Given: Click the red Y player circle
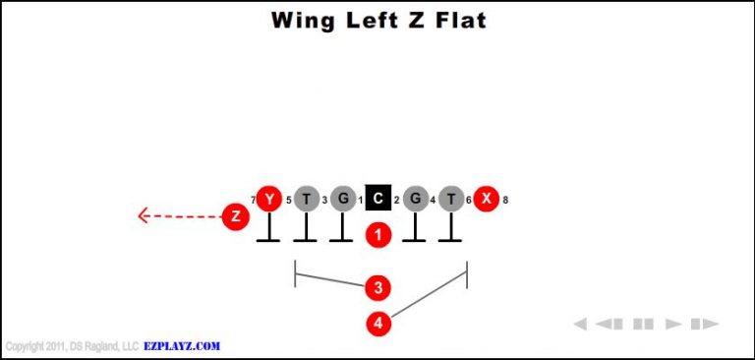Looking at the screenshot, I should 268,200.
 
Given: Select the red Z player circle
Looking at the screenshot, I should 235,216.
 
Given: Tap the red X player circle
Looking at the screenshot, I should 486,200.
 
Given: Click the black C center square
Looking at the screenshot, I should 378,200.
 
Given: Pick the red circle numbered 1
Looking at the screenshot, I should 378,235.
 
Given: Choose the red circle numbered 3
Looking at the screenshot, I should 378,288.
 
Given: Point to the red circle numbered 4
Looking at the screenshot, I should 378,323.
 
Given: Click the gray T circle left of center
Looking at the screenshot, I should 306,200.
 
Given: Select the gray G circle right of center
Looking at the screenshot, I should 415,200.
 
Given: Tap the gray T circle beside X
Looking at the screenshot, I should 450,200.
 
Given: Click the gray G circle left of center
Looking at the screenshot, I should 342,200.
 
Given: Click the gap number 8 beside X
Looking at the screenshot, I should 505,201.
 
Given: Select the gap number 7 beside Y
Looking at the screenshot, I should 253,201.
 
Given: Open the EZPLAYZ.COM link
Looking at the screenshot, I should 182,346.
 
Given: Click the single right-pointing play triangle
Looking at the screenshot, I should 673,324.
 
